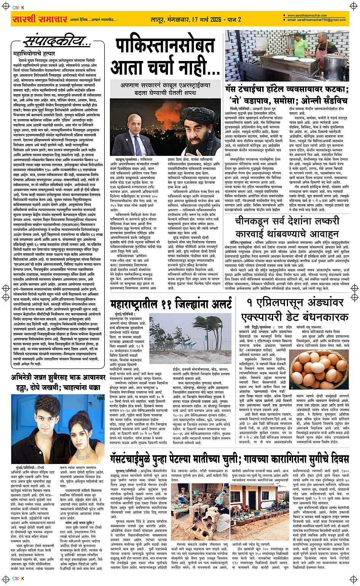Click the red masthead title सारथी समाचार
coord(39,19)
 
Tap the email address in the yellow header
coord(316,20)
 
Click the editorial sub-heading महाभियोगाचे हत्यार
coord(34,54)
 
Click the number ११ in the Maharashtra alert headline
coord(168,304)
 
